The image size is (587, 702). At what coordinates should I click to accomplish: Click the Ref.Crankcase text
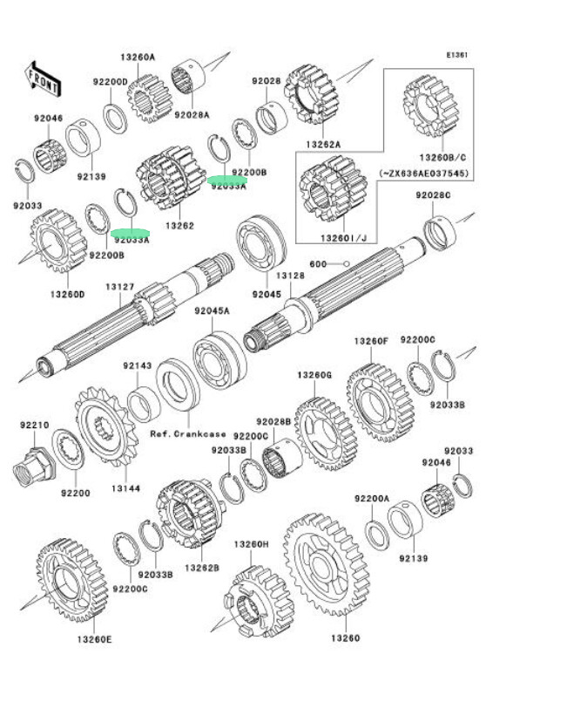point(187,433)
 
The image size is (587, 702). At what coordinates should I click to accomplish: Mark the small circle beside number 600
point(346,263)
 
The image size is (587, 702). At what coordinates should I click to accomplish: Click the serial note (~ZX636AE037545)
point(424,174)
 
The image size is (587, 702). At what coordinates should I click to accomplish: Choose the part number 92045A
point(212,310)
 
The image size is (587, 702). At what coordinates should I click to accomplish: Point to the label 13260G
point(314,375)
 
